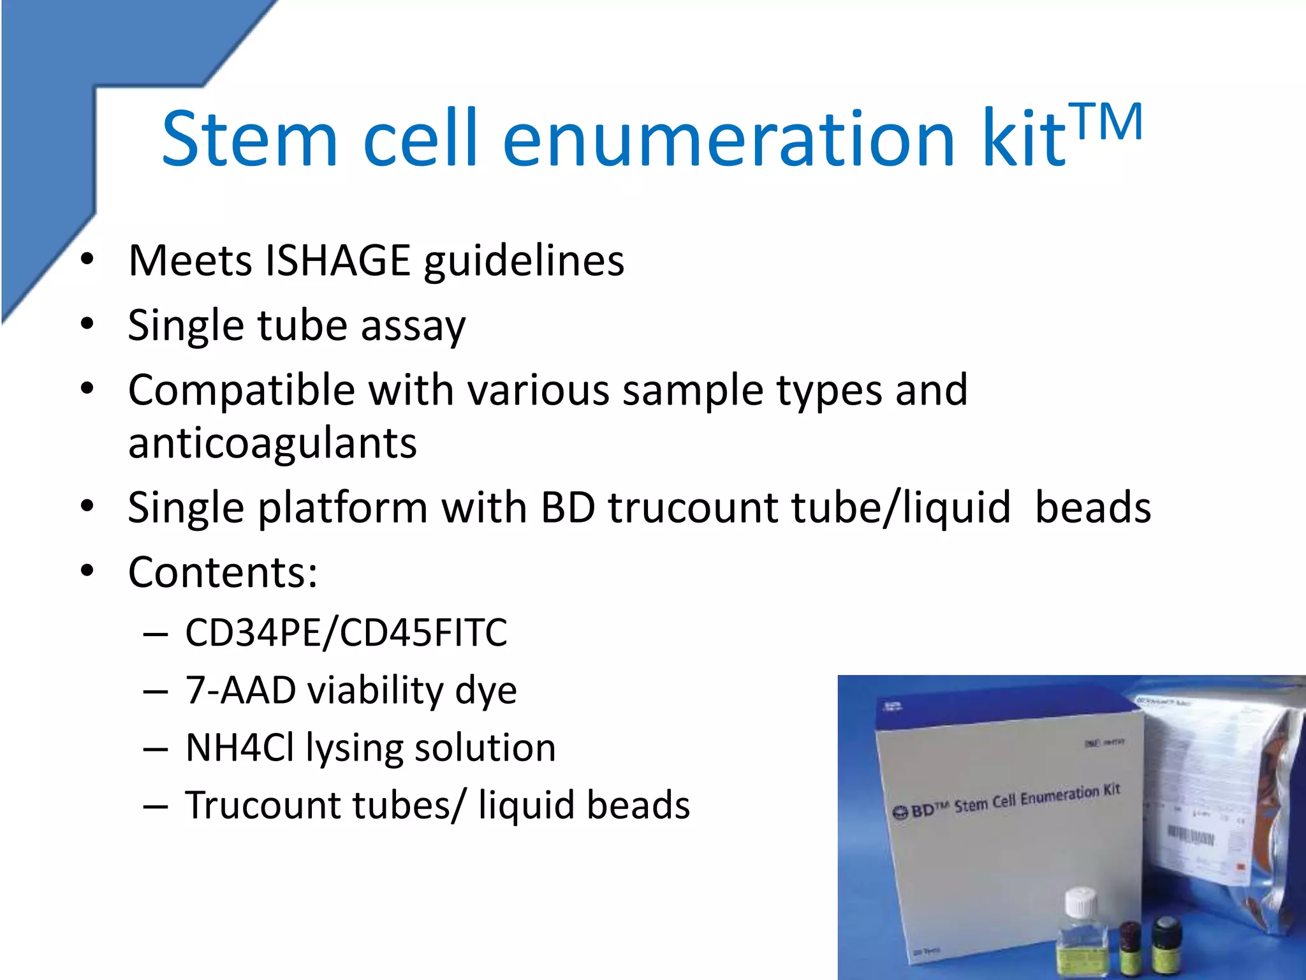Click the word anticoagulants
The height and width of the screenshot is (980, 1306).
[x=272, y=443]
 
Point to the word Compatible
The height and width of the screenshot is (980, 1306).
[x=241, y=390]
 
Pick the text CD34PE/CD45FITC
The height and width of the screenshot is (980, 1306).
[x=346, y=632]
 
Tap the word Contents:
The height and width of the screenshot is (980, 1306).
[x=223, y=572]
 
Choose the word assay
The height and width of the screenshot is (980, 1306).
[x=413, y=325]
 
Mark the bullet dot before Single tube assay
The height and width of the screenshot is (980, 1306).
[x=87, y=323]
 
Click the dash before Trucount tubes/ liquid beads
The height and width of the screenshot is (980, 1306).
[x=156, y=806]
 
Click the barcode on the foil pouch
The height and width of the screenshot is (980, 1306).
[x=1191, y=835]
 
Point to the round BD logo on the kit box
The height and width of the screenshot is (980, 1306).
[x=900, y=813]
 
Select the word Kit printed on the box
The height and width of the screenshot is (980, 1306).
[x=1112, y=790]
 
